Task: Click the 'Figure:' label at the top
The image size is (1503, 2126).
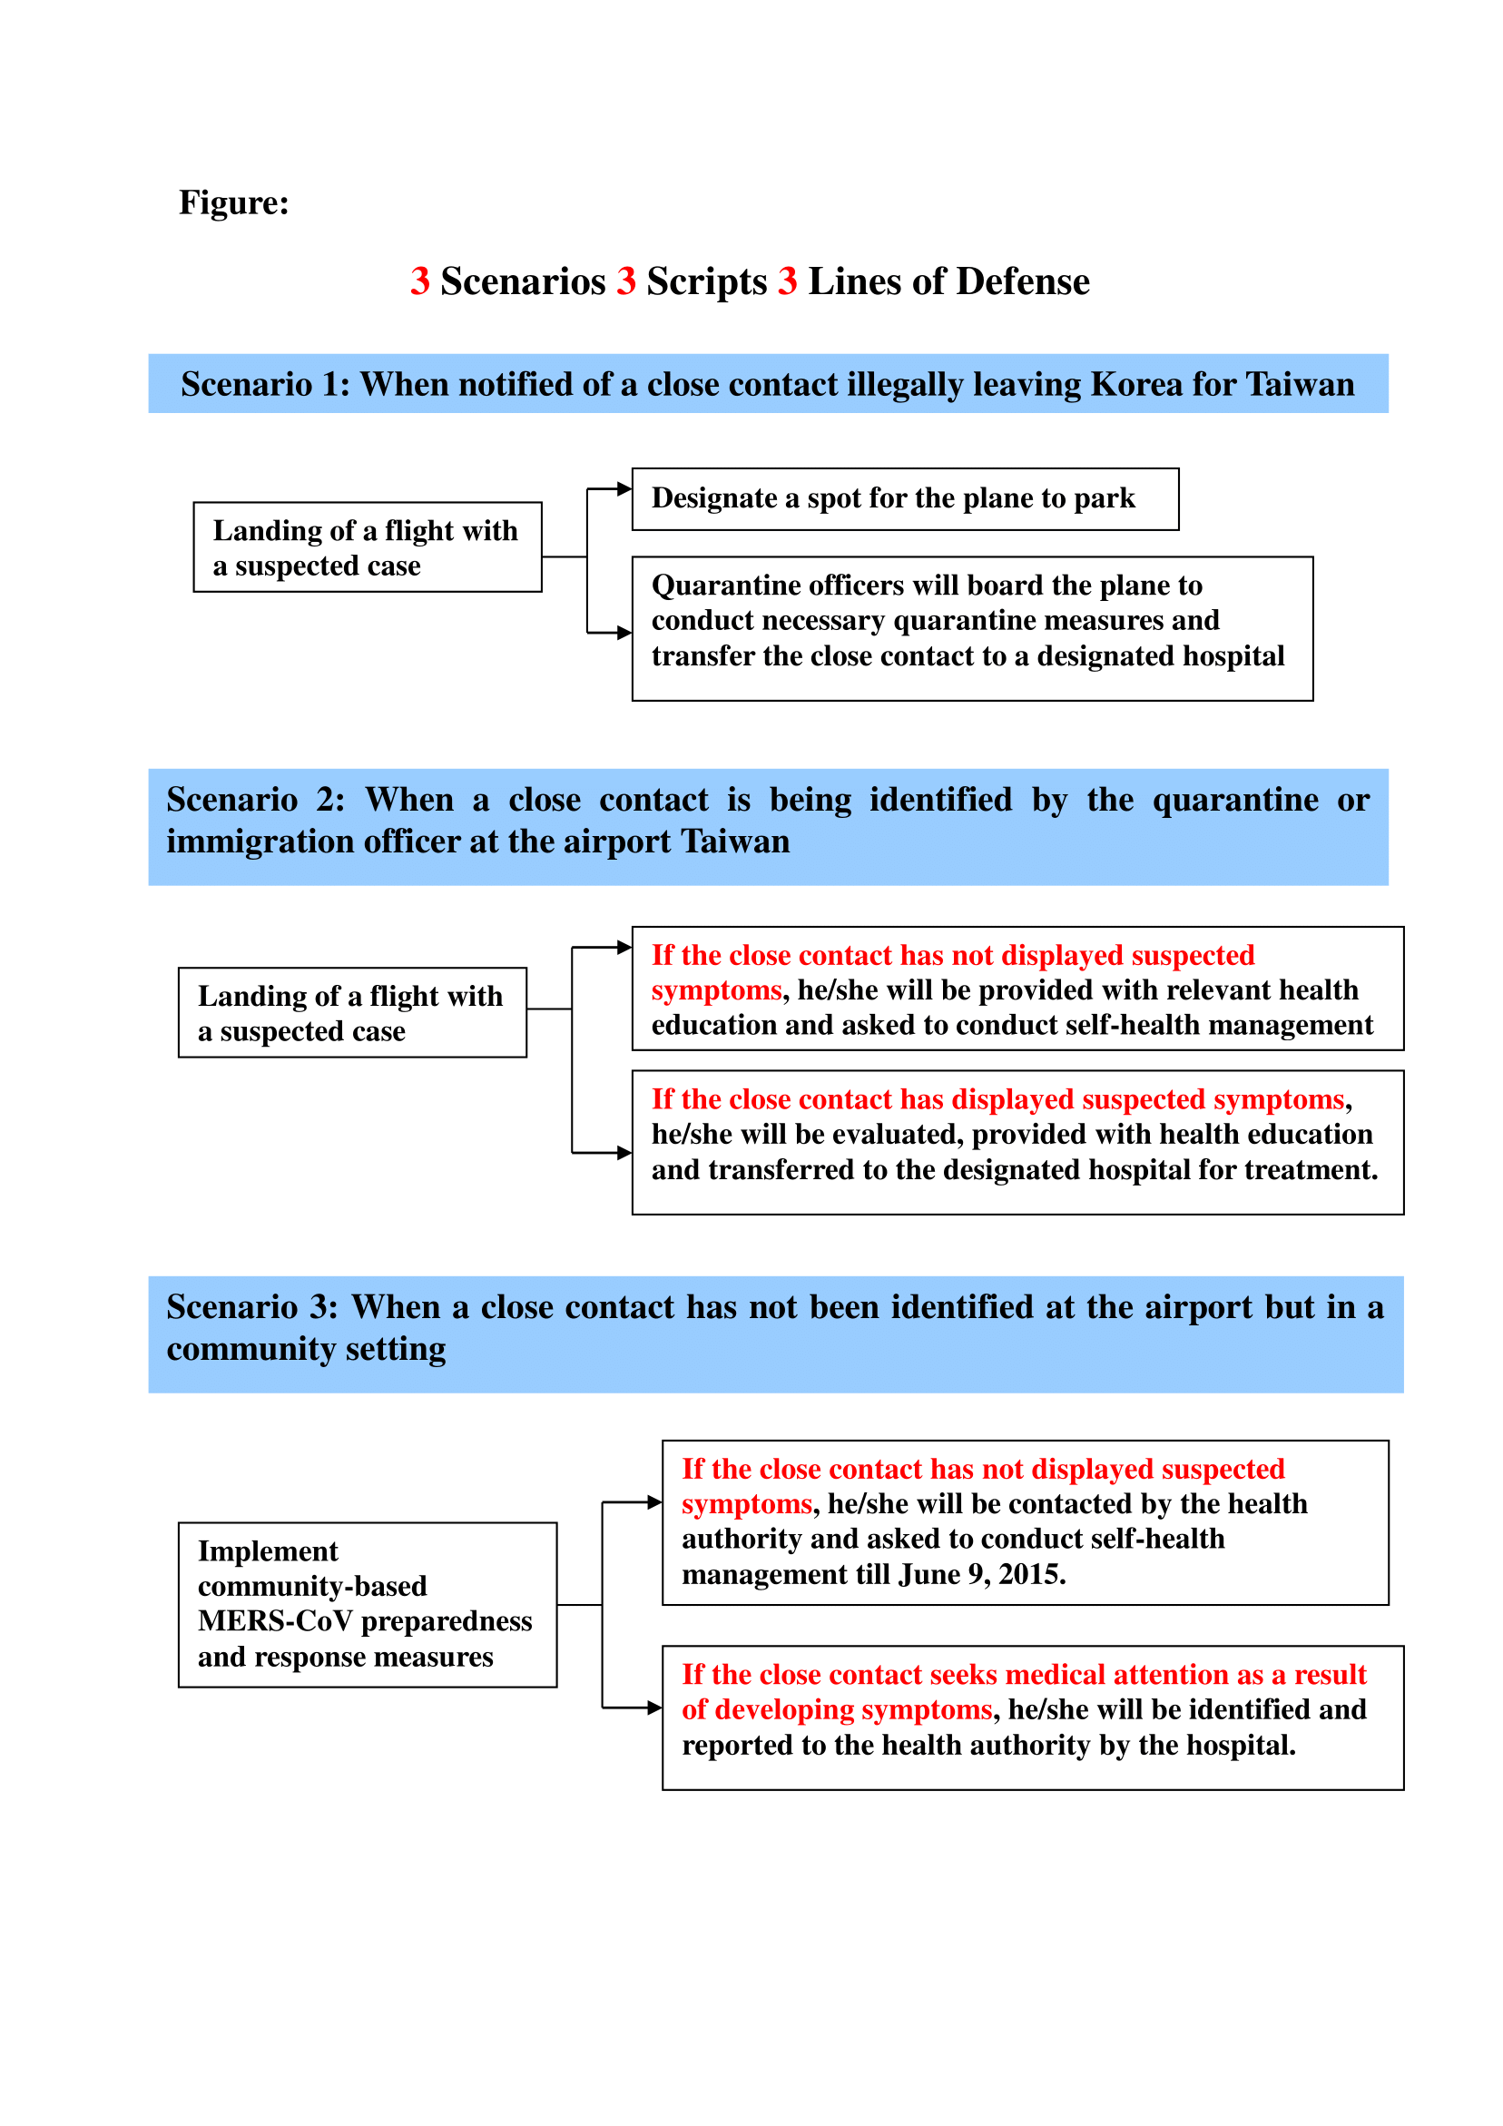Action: pos(233,202)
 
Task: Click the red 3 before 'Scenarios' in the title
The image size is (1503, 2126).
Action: pos(419,281)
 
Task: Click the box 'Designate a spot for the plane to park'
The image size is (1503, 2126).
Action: pos(904,499)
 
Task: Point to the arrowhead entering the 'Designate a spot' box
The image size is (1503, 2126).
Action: pos(624,488)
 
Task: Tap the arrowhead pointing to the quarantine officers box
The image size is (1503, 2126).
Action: pos(624,634)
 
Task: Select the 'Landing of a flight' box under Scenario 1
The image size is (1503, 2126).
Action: pos(367,547)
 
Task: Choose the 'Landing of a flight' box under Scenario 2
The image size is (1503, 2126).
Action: pos(352,1013)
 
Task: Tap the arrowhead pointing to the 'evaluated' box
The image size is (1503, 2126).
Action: pos(624,1153)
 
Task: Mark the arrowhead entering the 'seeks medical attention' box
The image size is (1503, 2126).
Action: pos(654,1708)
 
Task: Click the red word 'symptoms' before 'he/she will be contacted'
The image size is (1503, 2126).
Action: pos(746,1504)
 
